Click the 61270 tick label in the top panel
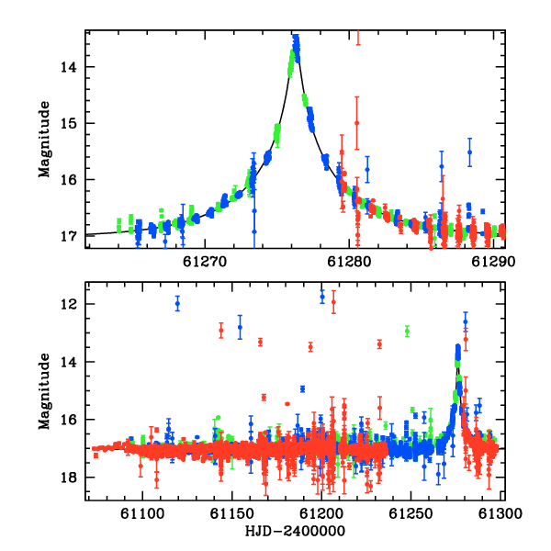205,262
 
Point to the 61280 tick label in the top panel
349,262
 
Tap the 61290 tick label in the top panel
493,262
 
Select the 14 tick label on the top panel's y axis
69,67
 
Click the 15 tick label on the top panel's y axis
69,123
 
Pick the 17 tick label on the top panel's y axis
69,236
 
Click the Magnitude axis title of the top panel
44,140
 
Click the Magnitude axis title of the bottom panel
44,391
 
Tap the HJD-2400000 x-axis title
295,531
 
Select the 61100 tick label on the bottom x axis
142,513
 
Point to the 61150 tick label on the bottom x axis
231,513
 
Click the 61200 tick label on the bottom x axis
321,513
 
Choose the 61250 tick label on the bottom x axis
410,513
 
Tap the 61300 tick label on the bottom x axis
500,513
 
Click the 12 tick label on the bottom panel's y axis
69,304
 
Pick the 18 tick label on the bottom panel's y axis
69,478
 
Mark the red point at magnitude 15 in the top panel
356,123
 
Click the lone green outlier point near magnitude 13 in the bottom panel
407,331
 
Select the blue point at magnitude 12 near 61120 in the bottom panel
177,304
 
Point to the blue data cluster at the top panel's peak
297,48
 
